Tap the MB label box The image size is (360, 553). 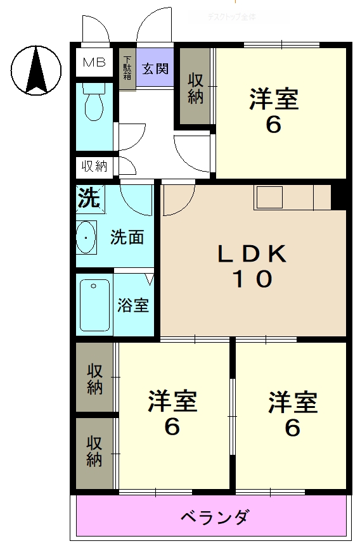coord(94,63)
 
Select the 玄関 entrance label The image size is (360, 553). coord(155,68)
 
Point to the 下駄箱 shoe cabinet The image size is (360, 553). coord(127,68)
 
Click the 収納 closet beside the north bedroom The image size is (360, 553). coord(195,89)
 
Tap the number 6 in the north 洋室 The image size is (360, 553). coord(273,125)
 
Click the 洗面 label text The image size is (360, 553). coord(127,238)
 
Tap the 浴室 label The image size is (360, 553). coord(133,305)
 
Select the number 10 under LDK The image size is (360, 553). coord(252,279)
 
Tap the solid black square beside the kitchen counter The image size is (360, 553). coord(339,196)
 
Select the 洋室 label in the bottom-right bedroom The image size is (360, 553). coord(292,402)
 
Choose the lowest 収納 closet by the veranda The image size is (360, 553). coord(95,451)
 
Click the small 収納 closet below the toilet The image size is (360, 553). coord(94,167)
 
